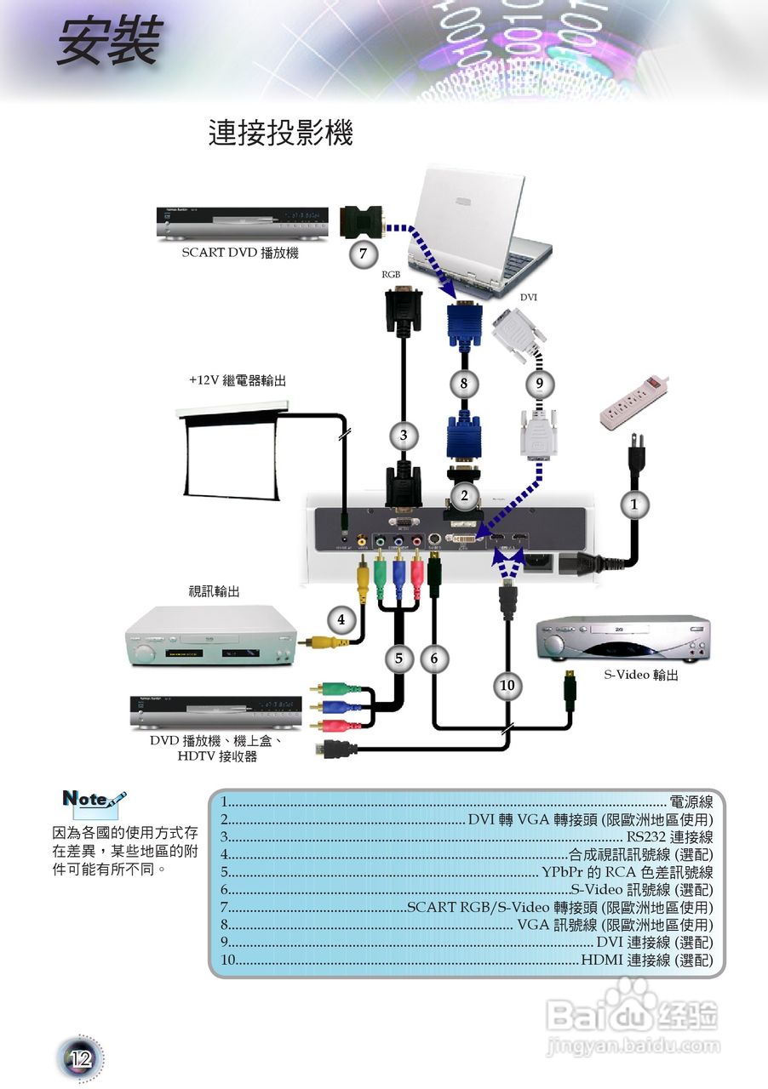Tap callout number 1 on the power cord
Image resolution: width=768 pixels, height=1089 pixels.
(633, 504)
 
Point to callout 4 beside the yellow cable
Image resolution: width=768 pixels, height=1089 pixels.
(341, 619)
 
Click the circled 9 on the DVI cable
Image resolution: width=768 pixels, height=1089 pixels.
(539, 384)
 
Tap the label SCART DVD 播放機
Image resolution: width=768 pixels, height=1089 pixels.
(240, 253)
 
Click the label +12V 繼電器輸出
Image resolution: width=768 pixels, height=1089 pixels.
(238, 381)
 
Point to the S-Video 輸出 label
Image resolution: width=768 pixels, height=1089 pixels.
(641, 675)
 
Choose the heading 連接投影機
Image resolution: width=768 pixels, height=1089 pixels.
(280, 134)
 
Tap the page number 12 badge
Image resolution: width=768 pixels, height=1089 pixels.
(80, 1058)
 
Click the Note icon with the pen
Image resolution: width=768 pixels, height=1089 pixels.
(95, 801)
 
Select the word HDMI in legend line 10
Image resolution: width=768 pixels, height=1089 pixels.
(602, 961)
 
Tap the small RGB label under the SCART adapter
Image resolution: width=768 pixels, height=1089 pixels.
(391, 275)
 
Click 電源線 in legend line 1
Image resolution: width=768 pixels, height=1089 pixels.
(691, 801)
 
